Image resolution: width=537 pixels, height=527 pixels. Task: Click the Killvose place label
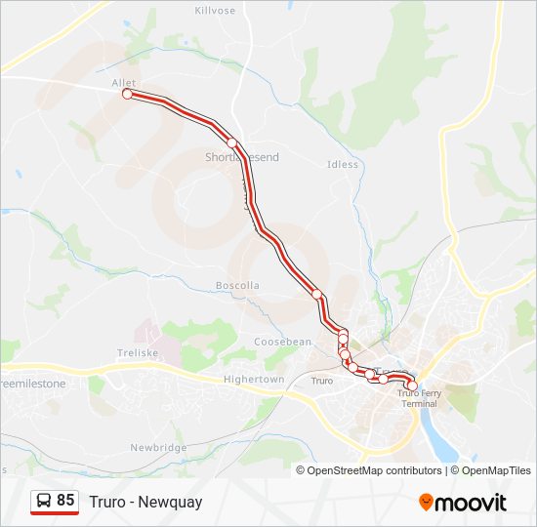click(x=215, y=10)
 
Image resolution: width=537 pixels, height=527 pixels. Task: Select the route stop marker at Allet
click(x=127, y=95)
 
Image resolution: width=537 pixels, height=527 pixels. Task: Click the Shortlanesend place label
click(x=241, y=157)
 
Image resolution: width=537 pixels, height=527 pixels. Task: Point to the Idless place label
click(x=343, y=165)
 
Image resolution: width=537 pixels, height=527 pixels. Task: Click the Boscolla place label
click(x=237, y=286)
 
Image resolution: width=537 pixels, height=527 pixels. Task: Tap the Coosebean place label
click(x=282, y=342)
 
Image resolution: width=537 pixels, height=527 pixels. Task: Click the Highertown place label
click(x=253, y=379)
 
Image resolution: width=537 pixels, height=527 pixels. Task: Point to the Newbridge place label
click(x=158, y=447)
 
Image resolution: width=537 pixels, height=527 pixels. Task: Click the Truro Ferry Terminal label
click(x=420, y=398)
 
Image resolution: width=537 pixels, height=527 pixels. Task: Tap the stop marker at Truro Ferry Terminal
click(x=412, y=386)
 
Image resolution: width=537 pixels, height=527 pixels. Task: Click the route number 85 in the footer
click(x=65, y=501)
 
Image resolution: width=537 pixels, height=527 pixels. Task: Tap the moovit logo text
click(x=471, y=503)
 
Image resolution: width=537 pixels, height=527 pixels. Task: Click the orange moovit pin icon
click(x=426, y=503)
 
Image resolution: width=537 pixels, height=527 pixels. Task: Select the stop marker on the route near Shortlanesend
click(x=232, y=142)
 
